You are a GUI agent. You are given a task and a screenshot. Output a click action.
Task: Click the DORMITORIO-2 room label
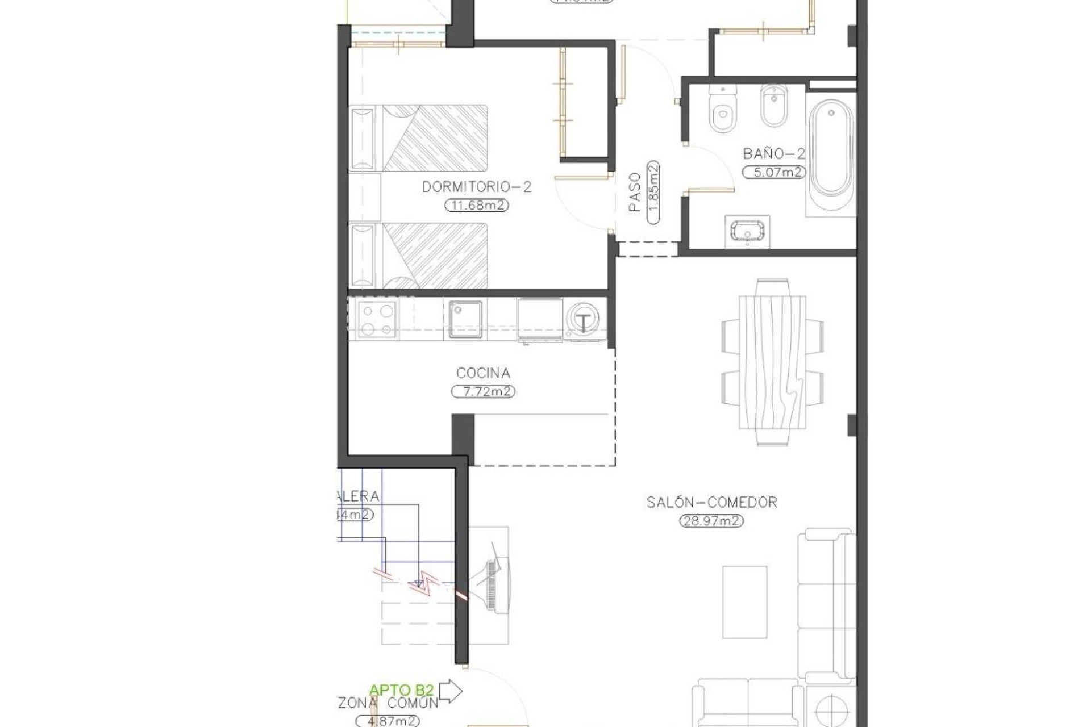tap(476, 187)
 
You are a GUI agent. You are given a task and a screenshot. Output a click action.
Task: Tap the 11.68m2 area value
tap(476, 206)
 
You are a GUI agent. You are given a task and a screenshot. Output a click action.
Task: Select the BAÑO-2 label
tap(774, 153)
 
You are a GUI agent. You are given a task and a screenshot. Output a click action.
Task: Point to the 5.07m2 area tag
tap(774, 172)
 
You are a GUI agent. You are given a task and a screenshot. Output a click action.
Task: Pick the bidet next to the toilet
tap(773, 108)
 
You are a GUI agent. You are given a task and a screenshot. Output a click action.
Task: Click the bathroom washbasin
tap(748, 232)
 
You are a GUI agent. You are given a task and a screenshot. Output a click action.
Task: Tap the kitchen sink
tap(465, 319)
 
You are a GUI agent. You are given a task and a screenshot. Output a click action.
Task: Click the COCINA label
tap(483, 373)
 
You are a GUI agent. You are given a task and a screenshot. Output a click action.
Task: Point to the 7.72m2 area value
tap(483, 392)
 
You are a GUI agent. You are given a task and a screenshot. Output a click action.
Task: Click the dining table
tap(772, 362)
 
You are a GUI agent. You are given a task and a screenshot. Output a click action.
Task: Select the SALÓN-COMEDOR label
tap(711, 502)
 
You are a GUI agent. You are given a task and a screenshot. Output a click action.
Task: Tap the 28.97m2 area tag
tap(711, 521)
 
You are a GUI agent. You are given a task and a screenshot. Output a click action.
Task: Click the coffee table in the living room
tap(744, 601)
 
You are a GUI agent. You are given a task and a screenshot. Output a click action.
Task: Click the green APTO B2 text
tap(401, 690)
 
